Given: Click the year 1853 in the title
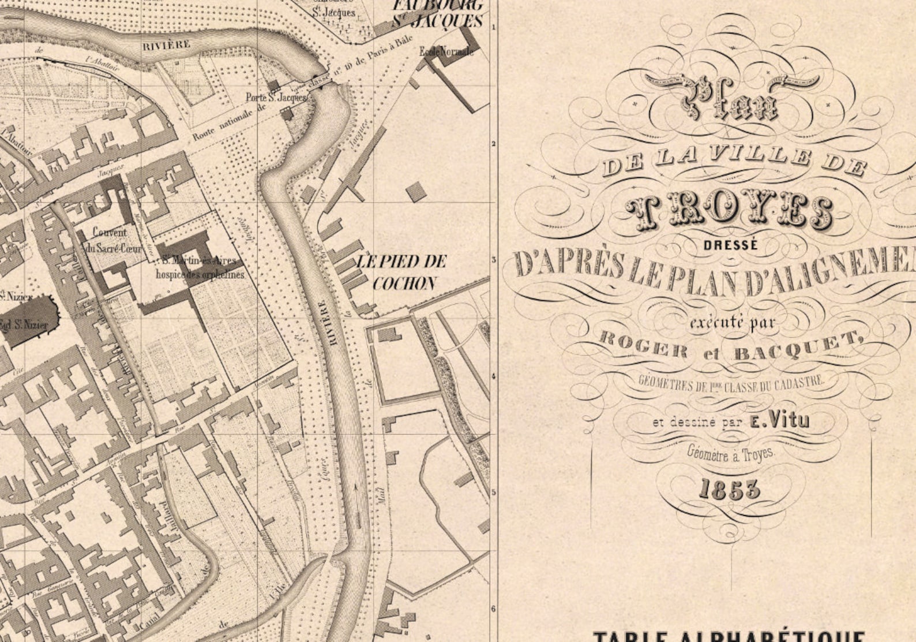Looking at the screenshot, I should (x=729, y=489).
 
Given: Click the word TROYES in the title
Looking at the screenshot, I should (x=729, y=210).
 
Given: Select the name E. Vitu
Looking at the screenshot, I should (x=780, y=421).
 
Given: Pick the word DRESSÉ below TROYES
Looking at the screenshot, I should (x=730, y=245).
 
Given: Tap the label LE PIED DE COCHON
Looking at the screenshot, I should (x=403, y=272).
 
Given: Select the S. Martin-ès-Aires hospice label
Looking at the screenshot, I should (x=199, y=267).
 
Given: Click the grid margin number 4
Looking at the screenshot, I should (x=493, y=376).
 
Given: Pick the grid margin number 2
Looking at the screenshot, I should (x=494, y=144).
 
